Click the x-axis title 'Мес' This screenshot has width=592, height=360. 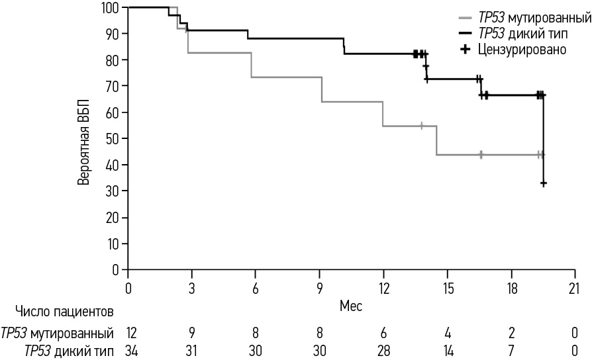click(351, 306)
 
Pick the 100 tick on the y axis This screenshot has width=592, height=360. click(111, 8)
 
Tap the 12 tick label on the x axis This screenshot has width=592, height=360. click(383, 289)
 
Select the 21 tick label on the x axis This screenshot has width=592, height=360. click(574, 289)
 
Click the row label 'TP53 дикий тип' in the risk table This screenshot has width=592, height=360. click(68, 351)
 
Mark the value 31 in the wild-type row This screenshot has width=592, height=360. click(192, 351)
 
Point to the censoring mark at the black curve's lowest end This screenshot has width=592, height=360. click(543, 183)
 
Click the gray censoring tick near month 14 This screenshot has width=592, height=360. click(421, 126)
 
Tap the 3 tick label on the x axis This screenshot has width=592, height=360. click(192, 289)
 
